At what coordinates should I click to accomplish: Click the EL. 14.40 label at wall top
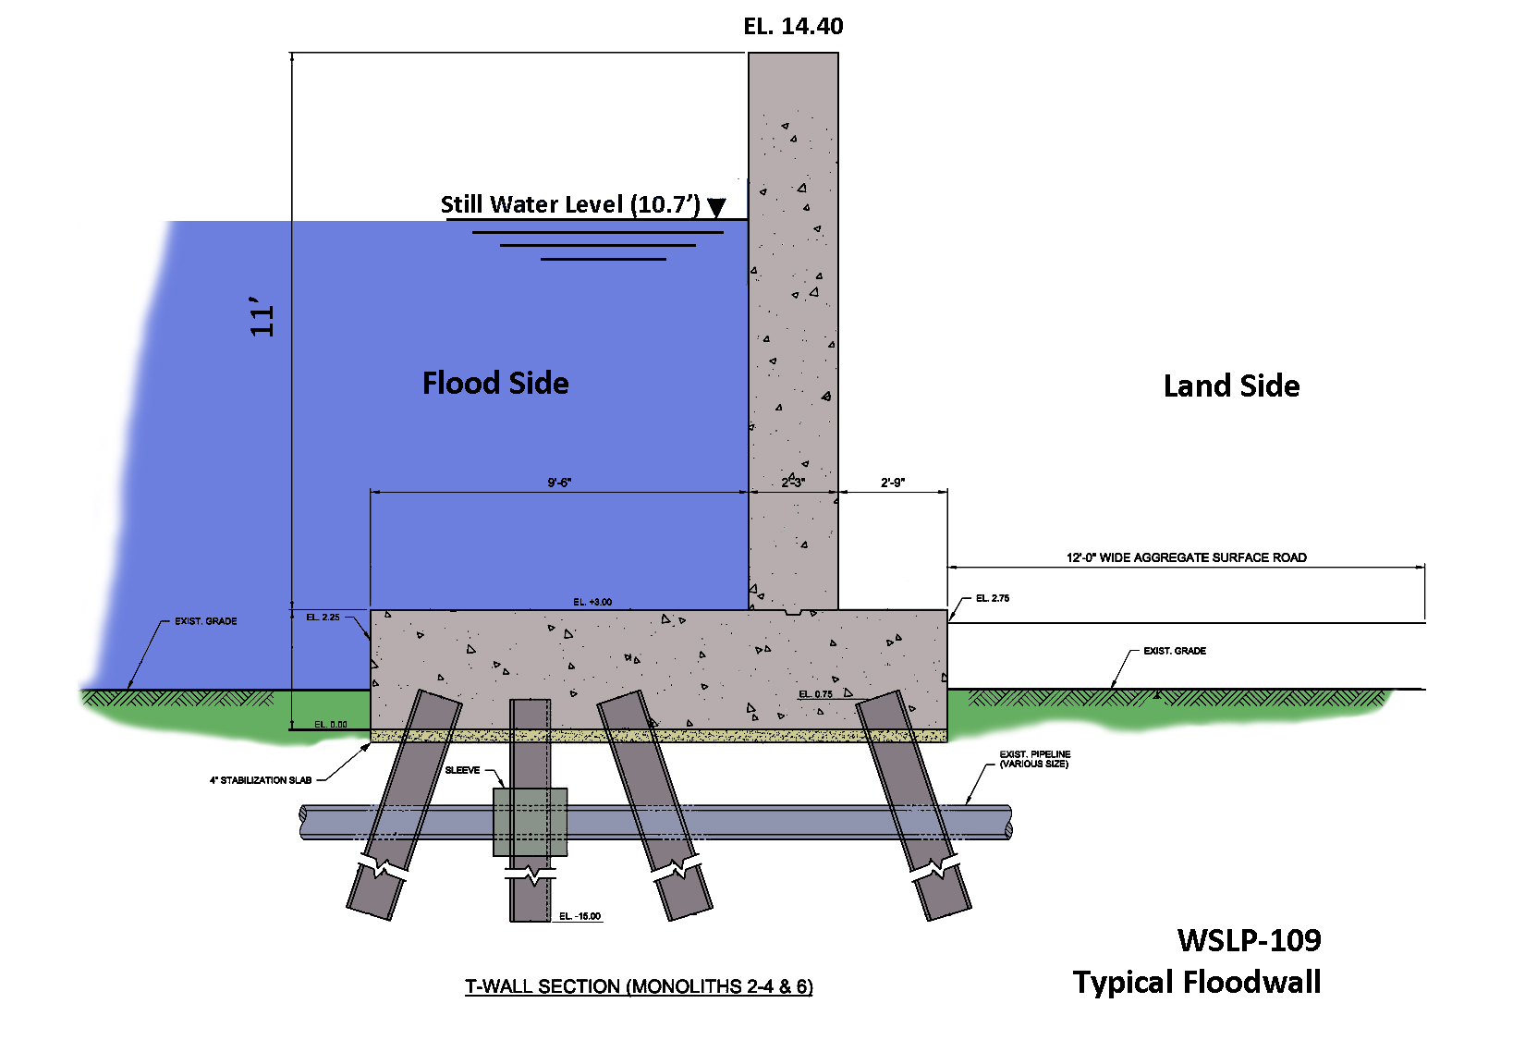click(793, 27)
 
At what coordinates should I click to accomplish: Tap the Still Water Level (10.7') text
click(569, 204)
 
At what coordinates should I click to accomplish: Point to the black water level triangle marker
click(716, 207)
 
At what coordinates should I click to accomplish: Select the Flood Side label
click(495, 383)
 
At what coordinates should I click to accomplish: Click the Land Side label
click(1231, 385)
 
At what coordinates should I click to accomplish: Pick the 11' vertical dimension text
click(263, 317)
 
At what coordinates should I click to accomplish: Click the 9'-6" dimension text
click(559, 483)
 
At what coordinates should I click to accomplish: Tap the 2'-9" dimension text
click(892, 483)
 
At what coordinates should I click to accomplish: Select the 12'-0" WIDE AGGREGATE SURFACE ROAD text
click(1186, 557)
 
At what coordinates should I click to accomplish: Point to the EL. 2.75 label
click(993, 598)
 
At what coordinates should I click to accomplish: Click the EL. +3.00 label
click(592, 602)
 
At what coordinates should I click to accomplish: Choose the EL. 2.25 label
click(323, 617)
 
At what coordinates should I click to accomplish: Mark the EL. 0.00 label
click(331, 724)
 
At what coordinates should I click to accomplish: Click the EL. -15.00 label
click(579, 916)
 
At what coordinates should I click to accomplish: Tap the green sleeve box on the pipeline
click(530, 822)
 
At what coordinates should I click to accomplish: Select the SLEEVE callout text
click(462, 770)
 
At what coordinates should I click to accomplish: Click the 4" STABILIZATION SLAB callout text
click(261, 780)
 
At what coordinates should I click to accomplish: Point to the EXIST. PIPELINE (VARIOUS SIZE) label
click(1034, 759)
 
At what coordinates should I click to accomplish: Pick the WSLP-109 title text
click(1249, 940)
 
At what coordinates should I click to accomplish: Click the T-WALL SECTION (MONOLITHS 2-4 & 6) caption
click(639, 986)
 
